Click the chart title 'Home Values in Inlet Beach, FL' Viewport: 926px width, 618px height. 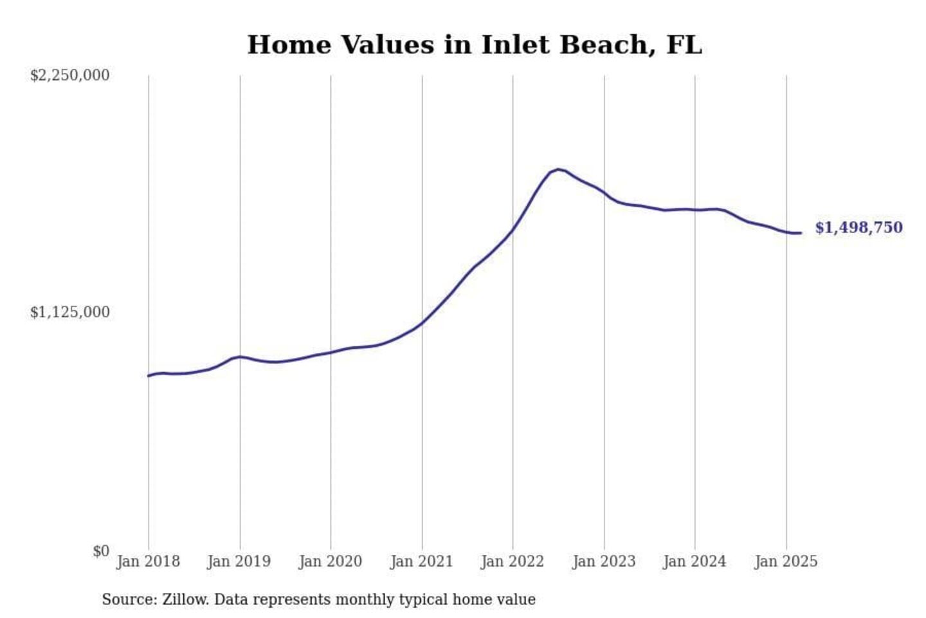(475, 45)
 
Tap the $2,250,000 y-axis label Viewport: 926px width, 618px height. (69, 75)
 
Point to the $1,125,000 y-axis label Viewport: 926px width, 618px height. (69, 312)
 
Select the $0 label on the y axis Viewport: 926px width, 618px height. (101, 551)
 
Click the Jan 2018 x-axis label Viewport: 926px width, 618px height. (148, 561)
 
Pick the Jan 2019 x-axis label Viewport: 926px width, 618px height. (239, 561)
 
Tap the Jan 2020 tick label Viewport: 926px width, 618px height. (331, 561)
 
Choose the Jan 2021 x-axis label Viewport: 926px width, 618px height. (422, 561)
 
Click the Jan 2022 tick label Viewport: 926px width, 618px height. (513, 561)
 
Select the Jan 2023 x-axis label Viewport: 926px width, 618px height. (604, 561)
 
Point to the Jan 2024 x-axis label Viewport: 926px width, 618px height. (694, 561)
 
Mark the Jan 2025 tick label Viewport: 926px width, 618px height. (786, 561)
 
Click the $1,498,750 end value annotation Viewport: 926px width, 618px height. (858, 228)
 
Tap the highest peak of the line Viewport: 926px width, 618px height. (558, 169)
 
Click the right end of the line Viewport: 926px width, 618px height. (801, 233)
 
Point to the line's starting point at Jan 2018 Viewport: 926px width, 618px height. (149, 375)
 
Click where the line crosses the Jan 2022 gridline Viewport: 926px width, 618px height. (513, 230)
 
